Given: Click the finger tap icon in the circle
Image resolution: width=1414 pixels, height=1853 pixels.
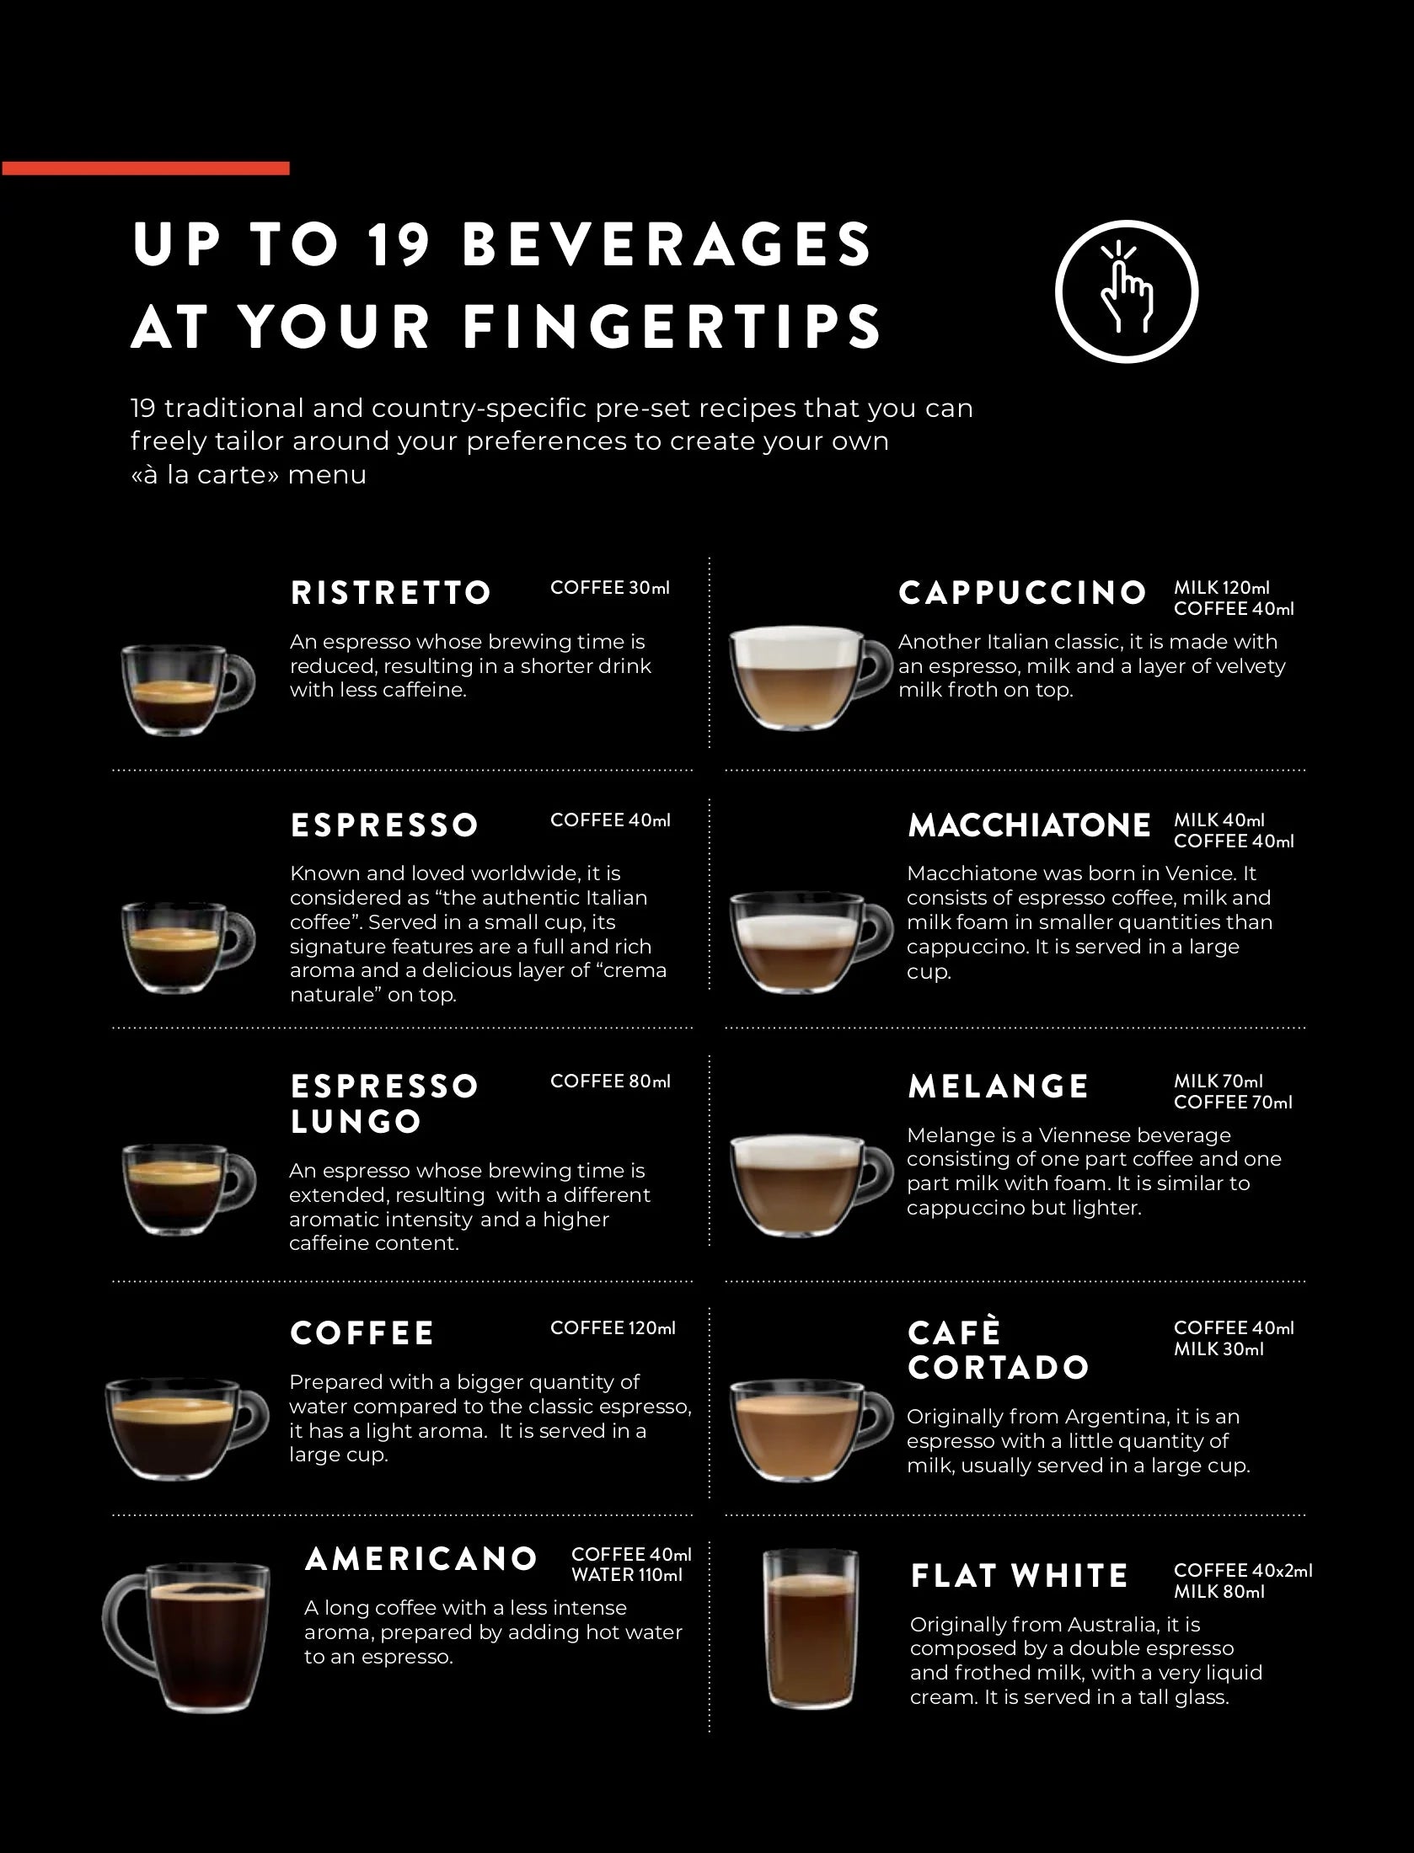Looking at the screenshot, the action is coord(1127,291).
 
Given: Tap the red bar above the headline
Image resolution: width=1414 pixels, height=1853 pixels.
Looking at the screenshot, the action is coord(146,168).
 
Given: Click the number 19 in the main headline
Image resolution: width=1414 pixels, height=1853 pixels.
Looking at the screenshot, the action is coord(399,244).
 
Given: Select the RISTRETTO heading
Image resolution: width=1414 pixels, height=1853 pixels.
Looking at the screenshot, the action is coord(390,593).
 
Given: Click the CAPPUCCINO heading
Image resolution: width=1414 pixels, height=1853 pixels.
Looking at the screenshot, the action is coord(1022,593).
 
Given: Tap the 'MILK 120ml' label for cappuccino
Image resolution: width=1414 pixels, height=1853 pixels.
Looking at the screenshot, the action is coord(1221,588).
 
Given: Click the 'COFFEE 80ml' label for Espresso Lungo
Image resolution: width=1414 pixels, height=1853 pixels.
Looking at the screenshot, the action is coord(610,1081).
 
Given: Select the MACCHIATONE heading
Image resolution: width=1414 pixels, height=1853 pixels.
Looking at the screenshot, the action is coord(1029,825).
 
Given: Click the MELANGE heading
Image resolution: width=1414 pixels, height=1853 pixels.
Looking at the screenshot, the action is coord(998,1087).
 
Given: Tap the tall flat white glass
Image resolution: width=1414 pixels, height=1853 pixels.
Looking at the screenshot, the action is coord(810,1629).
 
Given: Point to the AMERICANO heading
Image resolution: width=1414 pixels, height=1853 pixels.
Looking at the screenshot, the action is coord(421,1559).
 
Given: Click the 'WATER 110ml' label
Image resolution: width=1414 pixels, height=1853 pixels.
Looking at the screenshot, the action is coord(626,1575).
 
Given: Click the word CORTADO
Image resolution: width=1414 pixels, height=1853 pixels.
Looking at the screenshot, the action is coord(999,1368).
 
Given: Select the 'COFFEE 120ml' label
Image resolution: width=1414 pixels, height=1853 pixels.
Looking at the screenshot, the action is coord(613,1328).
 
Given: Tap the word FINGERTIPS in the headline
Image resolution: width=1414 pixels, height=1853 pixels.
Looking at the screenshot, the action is coord(672,327).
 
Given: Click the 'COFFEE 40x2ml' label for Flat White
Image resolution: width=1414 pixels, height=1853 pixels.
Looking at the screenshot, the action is coord(1243,1571).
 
